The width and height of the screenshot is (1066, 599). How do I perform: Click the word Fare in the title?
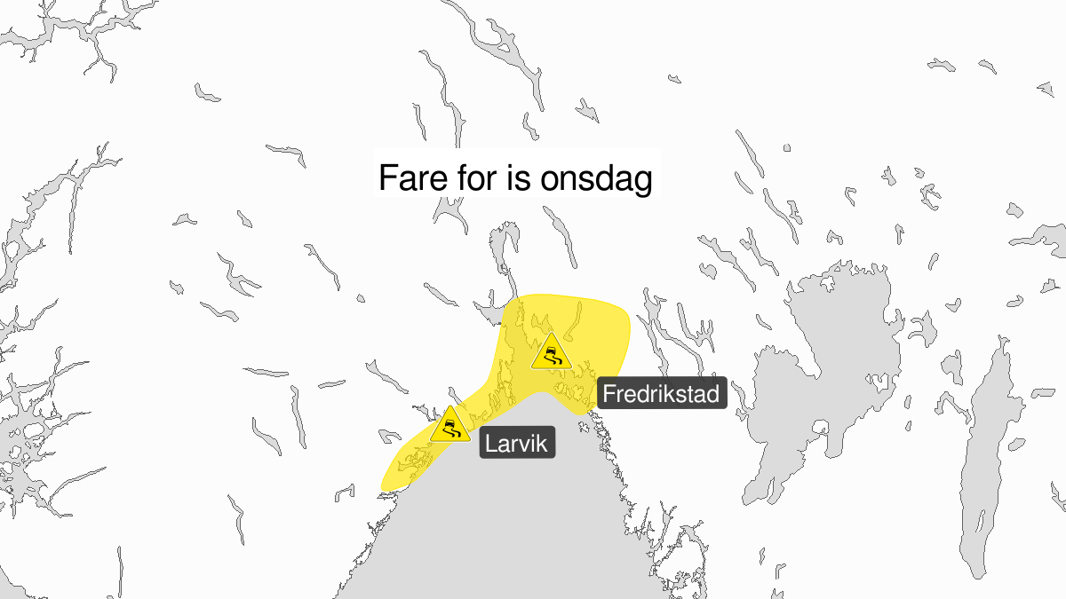coord(409,178)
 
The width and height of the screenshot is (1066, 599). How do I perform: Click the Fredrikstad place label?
coord(662,393)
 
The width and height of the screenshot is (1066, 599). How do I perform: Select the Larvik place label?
coord(517,442)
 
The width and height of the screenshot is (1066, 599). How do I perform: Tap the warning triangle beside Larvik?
coord(450,425)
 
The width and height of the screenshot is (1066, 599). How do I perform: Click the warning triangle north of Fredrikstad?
coord(551,352)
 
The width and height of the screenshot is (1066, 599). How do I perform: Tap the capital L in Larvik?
coord(490,442)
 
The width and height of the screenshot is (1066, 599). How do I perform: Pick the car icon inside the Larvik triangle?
coord(450,429)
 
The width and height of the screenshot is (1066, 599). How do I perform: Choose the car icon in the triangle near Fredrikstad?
coord(551,356)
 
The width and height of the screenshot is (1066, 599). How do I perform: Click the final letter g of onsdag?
coord(644,182)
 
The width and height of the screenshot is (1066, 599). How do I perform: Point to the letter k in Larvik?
coord(545,442)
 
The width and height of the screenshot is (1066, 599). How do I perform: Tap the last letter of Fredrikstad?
coord(713,393)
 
